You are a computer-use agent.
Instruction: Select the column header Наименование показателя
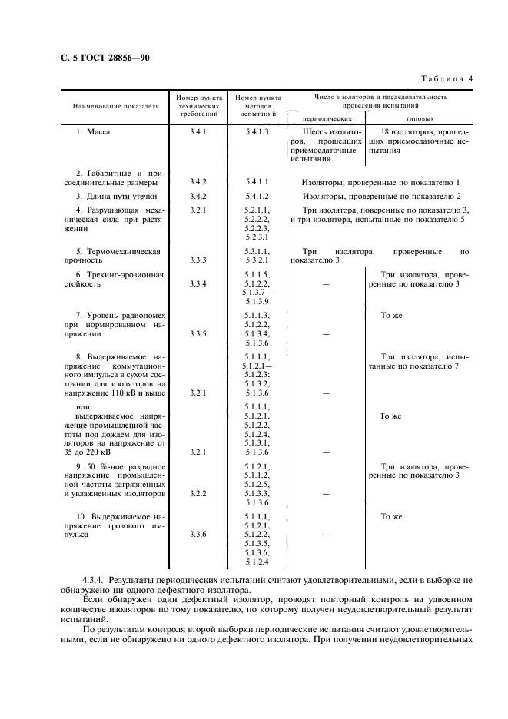point(115,105)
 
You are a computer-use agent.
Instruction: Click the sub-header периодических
point(327,119)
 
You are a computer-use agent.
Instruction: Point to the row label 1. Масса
point(93,132)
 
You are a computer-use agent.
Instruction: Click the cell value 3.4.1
point(198,132)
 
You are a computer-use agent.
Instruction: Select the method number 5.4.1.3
point(256,132)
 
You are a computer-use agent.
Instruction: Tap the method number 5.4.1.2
point(256,196)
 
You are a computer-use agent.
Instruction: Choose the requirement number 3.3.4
point(198,284)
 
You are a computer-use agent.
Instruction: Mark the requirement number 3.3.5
point(198,334)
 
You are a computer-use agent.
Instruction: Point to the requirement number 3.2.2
point(198,492)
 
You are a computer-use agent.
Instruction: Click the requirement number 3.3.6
point(198,535)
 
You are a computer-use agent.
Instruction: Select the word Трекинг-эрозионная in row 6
point(123,274)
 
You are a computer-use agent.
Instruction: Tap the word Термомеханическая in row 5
point(123,251)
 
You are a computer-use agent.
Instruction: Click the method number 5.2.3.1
point(256,237)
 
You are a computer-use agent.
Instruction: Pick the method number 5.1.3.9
point(256,301)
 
